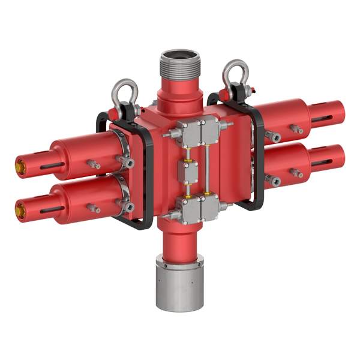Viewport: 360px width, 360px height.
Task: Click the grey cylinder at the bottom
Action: click(x=180, y=286)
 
